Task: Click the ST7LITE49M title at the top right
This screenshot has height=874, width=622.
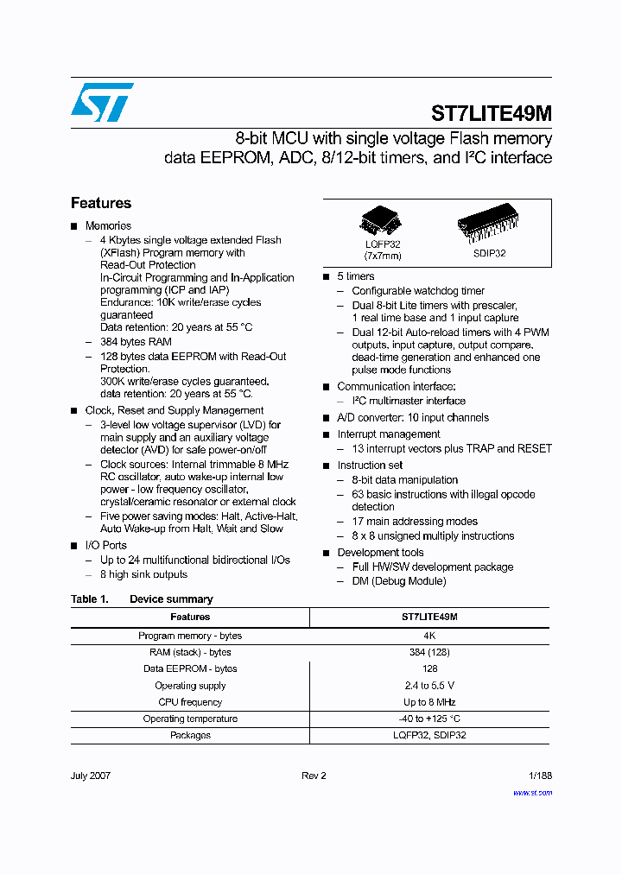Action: click(492, 114)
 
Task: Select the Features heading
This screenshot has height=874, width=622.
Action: click(101, 203)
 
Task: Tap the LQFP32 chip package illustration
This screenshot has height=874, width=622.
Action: click(381, 222)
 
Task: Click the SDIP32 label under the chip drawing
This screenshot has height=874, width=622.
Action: click(489, 253)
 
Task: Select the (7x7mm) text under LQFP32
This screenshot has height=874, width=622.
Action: click(382, 256)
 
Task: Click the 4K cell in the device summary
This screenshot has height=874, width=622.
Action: click(429, 636)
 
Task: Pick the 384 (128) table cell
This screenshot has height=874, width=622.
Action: click(429, 652)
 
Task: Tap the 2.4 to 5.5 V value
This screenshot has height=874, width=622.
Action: click(429, 686)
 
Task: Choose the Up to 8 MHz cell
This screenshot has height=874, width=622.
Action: click(429, 702)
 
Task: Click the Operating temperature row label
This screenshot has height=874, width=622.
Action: click(190, 719)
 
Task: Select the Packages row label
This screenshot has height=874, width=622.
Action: click(190, 735)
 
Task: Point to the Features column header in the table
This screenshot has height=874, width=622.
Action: click(190, 617)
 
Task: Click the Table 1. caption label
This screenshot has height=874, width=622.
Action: click(89, 598)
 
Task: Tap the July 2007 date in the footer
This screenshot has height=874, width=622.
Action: click(91, 776)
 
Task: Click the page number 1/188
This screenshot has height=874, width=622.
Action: click(539, 776)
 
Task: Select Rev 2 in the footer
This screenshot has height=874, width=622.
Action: click(314, 776)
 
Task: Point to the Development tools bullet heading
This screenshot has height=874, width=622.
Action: click(380, 552)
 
